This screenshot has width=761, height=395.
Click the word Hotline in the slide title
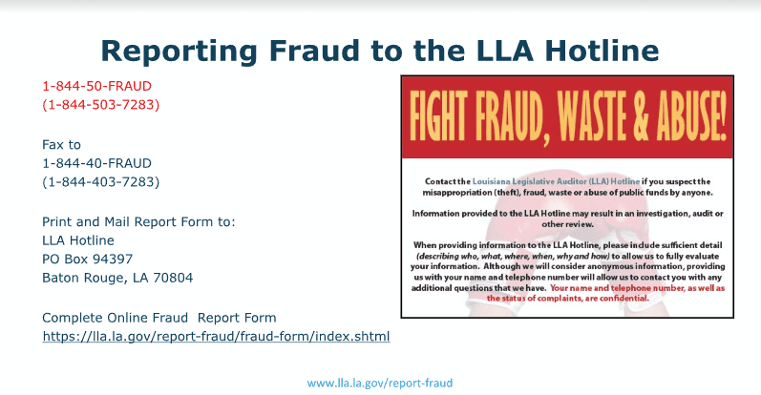[602, 51]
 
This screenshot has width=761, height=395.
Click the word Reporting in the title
[180, 52]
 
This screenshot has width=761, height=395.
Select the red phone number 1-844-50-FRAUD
[97, 86]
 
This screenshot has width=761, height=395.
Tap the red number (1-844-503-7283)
[101, 105]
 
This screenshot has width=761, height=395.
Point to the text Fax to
[62, 145]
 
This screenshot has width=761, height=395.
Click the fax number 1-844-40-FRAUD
[97, 163]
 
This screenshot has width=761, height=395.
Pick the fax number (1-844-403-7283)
[101, 182]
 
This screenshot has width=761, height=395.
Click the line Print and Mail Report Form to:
[138, 221]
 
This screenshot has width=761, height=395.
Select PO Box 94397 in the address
[87, 260]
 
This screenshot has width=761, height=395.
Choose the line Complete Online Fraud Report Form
[159, 318]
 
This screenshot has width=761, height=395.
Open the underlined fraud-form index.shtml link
[216, 336]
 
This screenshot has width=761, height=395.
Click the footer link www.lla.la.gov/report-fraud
[380, 384]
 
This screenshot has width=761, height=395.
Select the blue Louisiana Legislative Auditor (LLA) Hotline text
[557, 181]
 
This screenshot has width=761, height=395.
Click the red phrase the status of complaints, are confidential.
[568, 299]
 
